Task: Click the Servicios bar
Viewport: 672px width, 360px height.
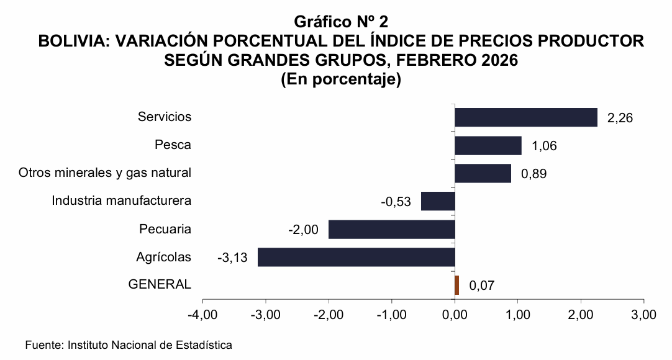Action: tap(525, 117)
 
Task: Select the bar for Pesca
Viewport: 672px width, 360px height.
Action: tap(488, 145)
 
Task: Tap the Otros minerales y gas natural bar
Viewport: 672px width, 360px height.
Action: tap(483, 173)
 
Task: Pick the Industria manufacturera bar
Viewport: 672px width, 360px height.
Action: tap(438, 201)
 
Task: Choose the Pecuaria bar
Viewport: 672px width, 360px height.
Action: tap(391, 229)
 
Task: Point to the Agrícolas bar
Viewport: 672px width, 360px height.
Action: tap(356, 257)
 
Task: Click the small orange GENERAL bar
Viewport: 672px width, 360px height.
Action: tap(457, 285)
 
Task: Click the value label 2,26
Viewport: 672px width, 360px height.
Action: tap(620, 118)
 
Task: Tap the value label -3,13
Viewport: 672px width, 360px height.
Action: tap(232, 258)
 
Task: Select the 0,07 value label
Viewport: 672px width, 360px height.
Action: tap(482, 286)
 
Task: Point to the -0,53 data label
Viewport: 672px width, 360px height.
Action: tap(396, 202)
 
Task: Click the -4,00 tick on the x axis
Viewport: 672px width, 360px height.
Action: tap(202, 315)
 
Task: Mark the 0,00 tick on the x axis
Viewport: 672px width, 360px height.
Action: tap(455, 315)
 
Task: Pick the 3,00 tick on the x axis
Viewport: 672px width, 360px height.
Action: tap(643, 315)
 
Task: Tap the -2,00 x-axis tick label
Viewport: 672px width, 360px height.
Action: tap(329, 315)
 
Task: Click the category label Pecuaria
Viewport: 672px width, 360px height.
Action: tap(165, 229)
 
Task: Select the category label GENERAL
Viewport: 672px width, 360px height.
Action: tap(160, 284)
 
